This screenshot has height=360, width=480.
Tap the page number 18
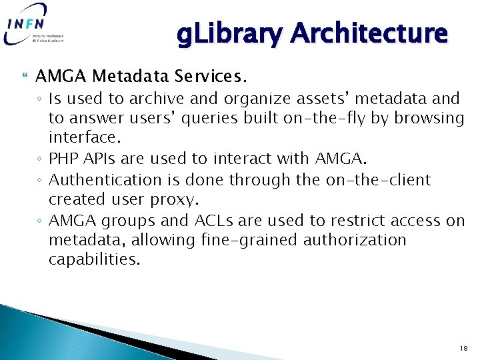pos(464,348)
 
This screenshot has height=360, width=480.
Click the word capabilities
pos(94,259)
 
